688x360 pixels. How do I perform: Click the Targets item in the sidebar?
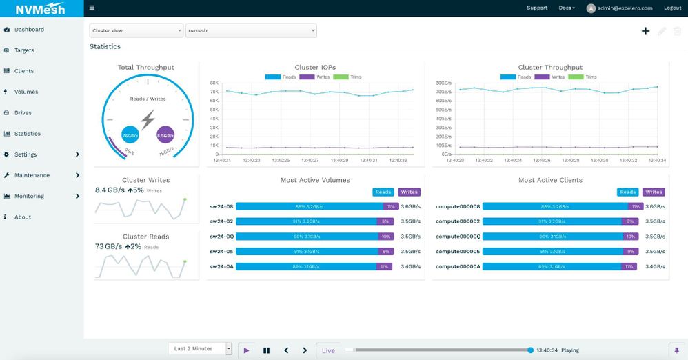pos(24,50)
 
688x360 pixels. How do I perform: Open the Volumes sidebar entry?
pos(26,92)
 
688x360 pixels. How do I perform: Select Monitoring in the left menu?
pos(29,197)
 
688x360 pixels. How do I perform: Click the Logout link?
pos(672,8)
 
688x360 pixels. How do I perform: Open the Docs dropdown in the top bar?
pos(567,8)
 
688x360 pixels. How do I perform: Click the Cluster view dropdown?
pos(136,31)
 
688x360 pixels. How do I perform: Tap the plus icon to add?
pos(645,31)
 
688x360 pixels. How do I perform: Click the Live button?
pos(328,350)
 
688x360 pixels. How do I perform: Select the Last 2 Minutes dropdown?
pos(200,349)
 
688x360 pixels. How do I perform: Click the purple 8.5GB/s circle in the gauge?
pos(165,136)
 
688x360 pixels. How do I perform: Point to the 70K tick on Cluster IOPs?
pos(214,91)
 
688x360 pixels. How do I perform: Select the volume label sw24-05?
pos(221,252)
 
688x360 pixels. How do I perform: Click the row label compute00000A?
pos(458,266)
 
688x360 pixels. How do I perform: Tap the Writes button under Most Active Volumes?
pos(409,192)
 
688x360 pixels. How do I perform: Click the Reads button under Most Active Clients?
pos(627,192)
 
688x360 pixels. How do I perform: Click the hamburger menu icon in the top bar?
pos(92,8)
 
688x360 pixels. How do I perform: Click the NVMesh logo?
pos(41,9)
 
